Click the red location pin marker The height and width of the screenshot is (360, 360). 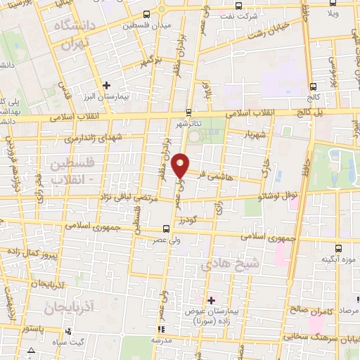[x=181, y=166]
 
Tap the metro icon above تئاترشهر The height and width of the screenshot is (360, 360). [x=188, y=112]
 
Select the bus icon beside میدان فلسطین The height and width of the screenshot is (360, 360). [x=146, y=15]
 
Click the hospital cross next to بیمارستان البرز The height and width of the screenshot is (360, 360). [x=105, y=85]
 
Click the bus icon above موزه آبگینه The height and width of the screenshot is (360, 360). [x=338, y=248]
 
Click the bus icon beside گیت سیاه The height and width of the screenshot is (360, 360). [x=66, y=331]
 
